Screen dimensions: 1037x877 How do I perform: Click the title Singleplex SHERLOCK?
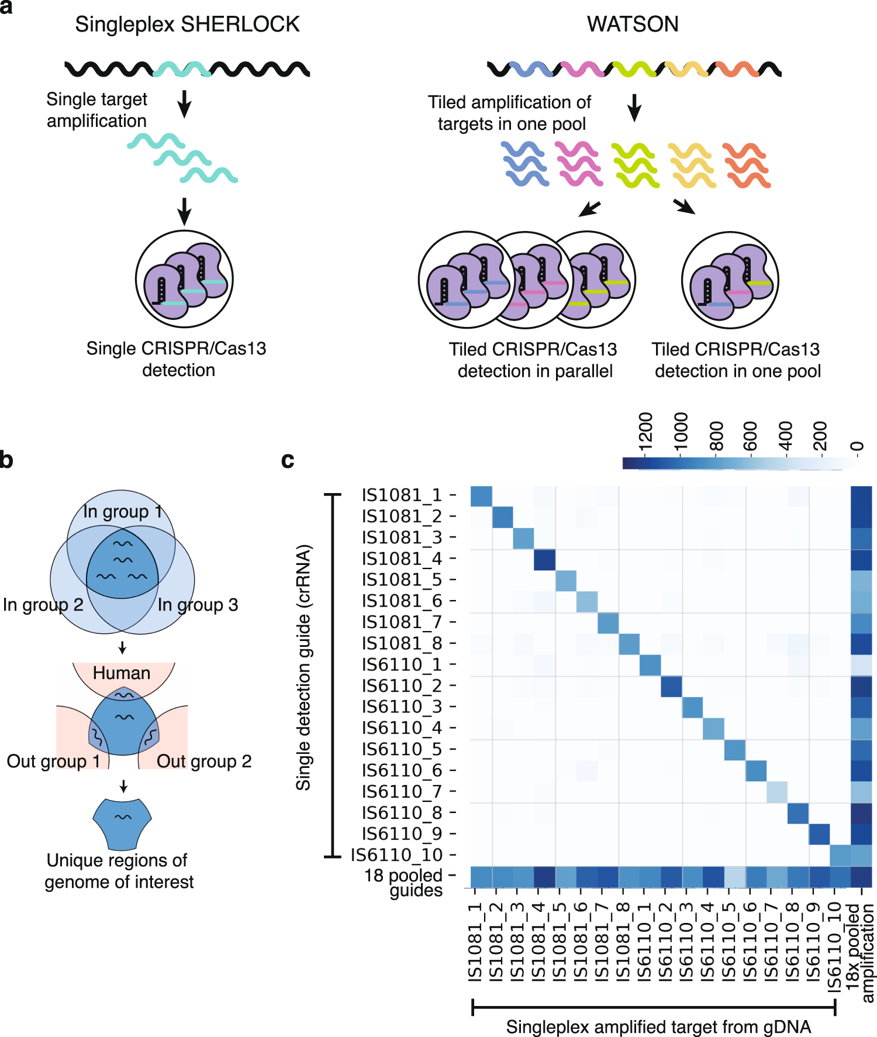pos(187,25)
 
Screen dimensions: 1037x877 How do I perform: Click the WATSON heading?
pos(633,25)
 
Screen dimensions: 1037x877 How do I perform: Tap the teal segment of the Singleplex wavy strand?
pos(182,70)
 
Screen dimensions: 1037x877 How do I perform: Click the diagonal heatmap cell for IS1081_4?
pos(544,560)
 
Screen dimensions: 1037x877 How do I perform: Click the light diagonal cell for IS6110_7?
pos(777,792)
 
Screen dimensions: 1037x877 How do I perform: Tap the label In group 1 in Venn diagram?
pos(122,511)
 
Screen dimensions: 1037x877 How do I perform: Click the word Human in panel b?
pos(122,673)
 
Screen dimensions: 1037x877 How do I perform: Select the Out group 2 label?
pos(204,762)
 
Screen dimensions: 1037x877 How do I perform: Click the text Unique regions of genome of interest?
pos(119,871)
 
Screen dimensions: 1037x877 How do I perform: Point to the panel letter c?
pos(288,460)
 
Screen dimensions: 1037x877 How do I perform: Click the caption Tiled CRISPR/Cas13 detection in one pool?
pos(737,360)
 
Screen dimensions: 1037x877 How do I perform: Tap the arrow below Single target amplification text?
pos(184,104)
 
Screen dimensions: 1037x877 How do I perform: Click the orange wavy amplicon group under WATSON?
pos(746,166)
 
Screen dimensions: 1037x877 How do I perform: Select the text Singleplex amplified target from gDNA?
pos(658,1027)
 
